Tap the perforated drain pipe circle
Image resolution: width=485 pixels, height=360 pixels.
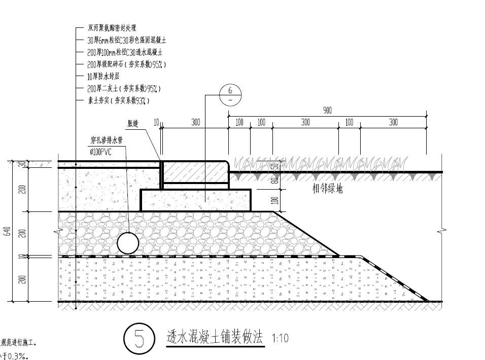click(128, 243)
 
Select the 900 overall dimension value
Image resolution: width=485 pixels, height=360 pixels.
click(328, 110)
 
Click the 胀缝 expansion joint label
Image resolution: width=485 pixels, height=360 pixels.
click(133, 123)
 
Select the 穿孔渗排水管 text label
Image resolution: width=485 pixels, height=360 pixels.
click(108, 139)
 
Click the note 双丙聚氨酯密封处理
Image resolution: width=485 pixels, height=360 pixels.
click(112, 28)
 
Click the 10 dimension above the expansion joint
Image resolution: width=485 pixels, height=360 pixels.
click(156, 122)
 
